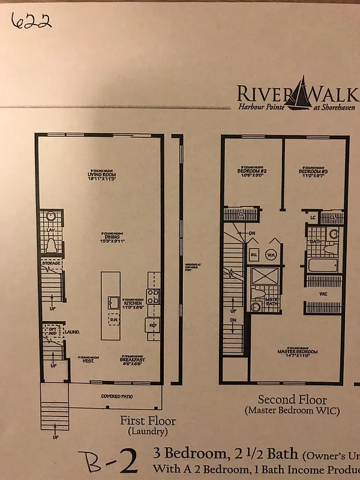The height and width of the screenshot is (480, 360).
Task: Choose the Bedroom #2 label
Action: pos(251,172)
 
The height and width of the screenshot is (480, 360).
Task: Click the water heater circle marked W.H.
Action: pos(271,254)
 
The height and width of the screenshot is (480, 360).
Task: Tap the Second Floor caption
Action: pos(292,400)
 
